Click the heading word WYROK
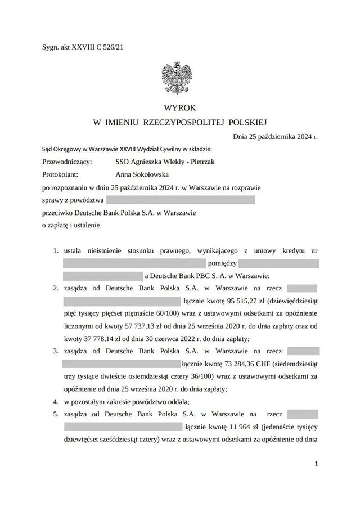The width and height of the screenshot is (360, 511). click(x=180, y=107)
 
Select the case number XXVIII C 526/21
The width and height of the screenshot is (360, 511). click(x=96, y=48)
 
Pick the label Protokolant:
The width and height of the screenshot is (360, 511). click(x=59, y=174)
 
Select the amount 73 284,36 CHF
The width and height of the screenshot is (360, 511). click(x=245, y=364)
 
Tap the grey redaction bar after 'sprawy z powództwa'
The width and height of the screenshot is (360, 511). click(x=181, y=200)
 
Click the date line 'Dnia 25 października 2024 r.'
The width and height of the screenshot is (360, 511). click(x=275, y=136)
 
